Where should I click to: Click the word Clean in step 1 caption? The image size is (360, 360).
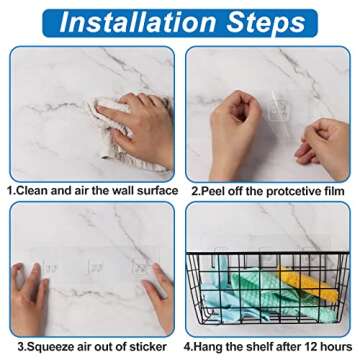(x=37, y=190)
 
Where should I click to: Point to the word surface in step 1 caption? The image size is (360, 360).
(x=154, y=190)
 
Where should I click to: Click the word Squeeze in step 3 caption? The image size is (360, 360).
(x=46, y=349)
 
